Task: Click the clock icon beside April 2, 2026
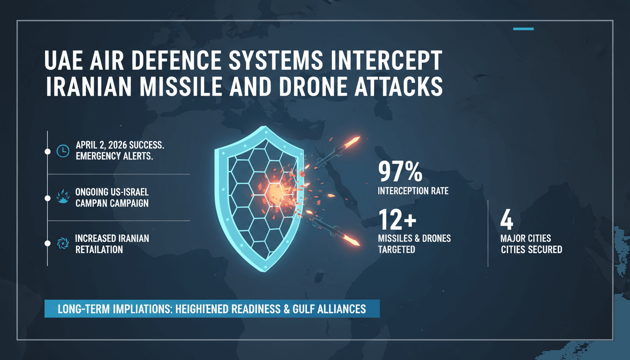tap(62, 151)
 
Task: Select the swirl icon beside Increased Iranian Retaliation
tap(62, 243)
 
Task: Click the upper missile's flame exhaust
tap(352, 141)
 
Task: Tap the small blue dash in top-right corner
tap(523, 29)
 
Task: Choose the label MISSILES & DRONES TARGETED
tap(414, 244)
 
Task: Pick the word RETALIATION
tap(99, 249)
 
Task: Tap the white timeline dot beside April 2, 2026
tap(47, 151)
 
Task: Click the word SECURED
tap(545, 249)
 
